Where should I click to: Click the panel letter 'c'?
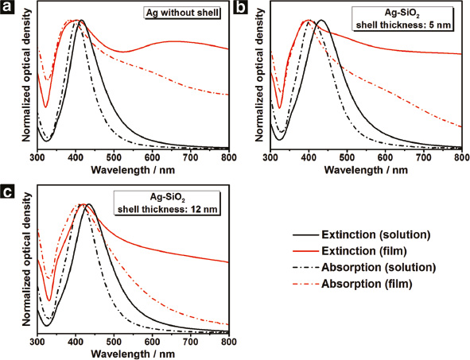click(x=6, y=190)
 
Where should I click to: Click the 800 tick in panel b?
click(x=460, y=158)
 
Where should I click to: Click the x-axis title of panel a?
click(x=132, y=170)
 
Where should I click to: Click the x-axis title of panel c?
click(x=132, y=354)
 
